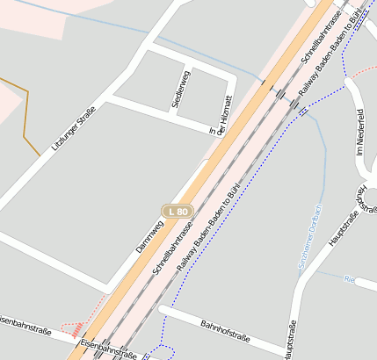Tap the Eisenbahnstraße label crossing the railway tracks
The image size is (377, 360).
tap(109, 350)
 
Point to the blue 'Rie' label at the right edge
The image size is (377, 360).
tap(349, 279)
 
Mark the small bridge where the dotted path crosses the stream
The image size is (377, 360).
tap(303, 112)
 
